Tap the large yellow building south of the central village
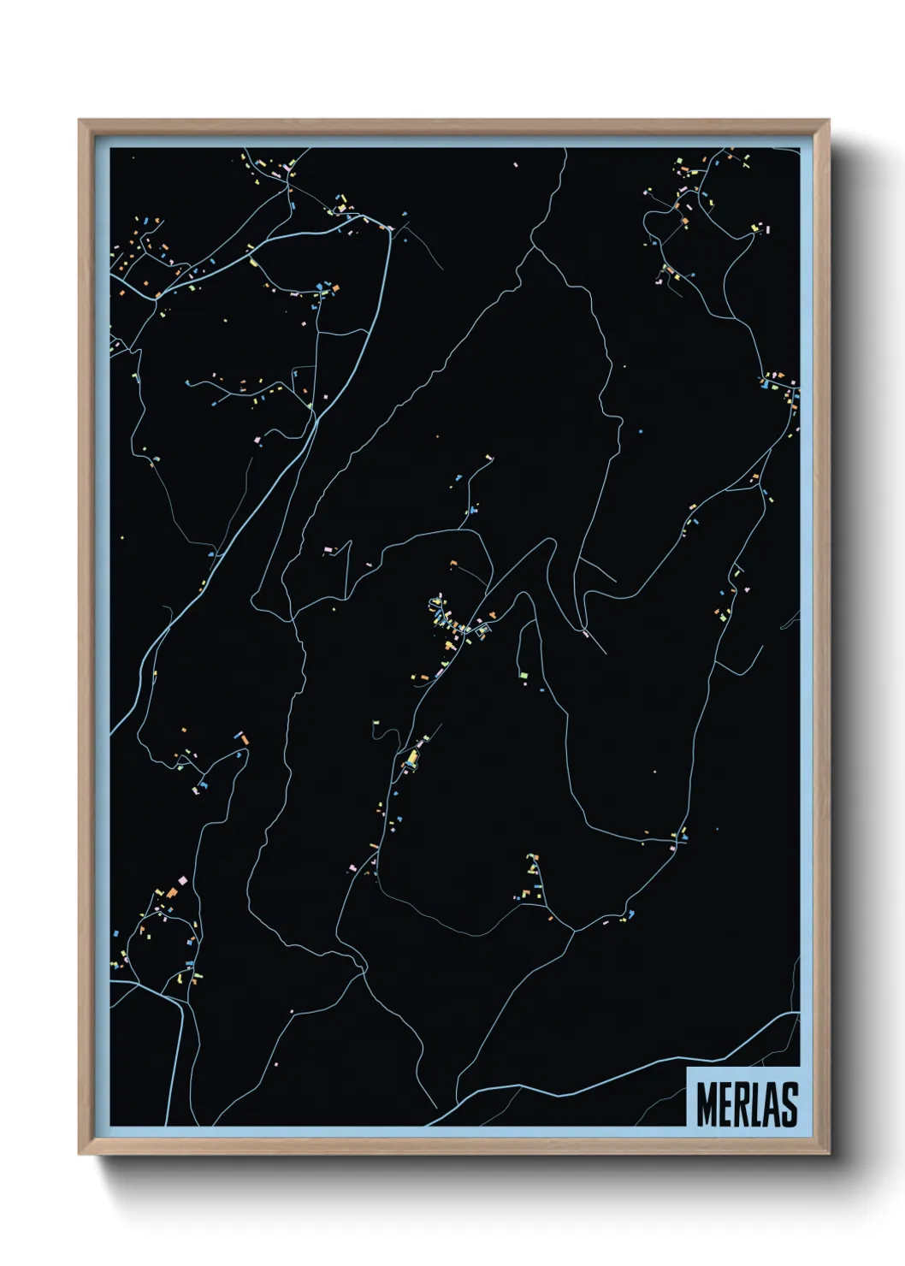[x=412, y=757]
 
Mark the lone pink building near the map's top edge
[x=516, y=164]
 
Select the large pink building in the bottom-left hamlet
[x=182, y=879]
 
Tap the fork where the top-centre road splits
[x=533, y=248]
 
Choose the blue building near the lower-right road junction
[x=630, y=914]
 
